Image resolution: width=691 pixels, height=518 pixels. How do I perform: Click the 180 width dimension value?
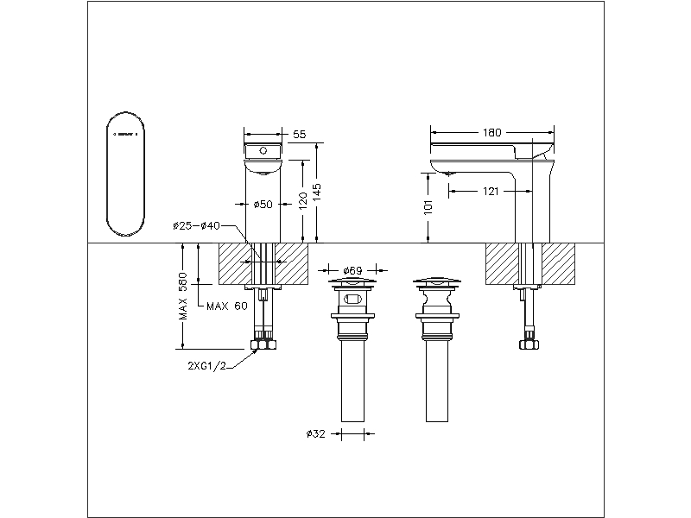point(491,133)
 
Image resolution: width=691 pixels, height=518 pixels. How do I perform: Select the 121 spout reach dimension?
point(491,191)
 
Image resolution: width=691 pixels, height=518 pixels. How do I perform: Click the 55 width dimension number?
point(300,135)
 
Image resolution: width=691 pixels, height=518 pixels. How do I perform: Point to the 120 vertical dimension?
point(302,202)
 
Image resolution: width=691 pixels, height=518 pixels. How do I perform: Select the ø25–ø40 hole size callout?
point(196,225)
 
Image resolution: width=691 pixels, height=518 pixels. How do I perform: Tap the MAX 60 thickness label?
point(227,306)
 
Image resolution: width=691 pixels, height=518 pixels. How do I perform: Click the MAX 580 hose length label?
point(183,299)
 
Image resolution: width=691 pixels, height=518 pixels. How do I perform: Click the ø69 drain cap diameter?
point(352,269)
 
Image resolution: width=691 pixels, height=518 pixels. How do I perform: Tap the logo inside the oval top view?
point(125,134)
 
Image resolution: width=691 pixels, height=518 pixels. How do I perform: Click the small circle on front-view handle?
point(263,151)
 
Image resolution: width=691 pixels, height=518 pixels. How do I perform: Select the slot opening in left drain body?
point(352,300)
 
